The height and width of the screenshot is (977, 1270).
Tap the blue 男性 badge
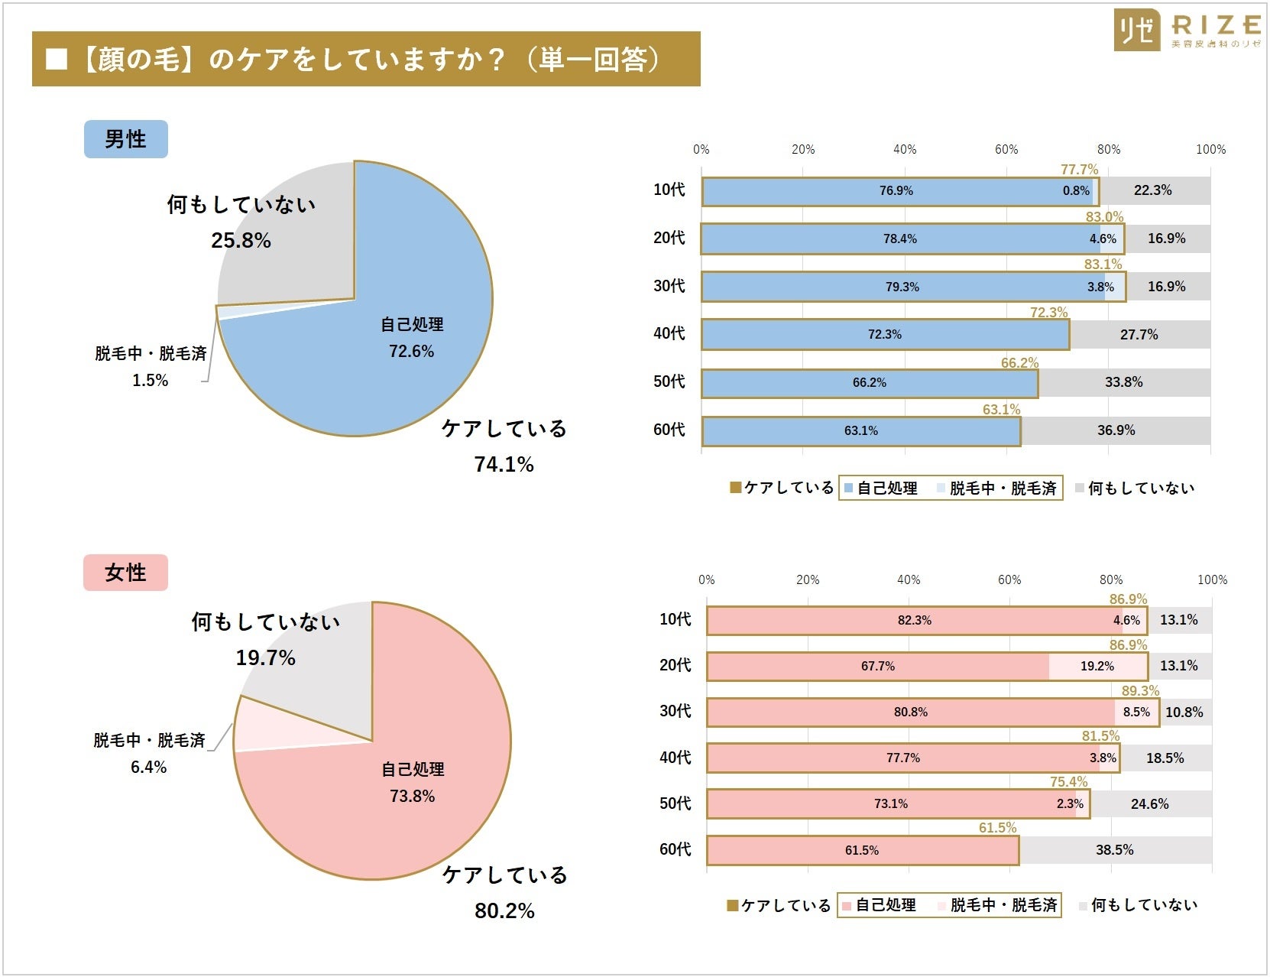(125, 139)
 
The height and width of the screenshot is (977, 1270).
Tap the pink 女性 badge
(125, 573)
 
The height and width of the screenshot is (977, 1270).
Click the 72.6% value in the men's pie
(411, 352)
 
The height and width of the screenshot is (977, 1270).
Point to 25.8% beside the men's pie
(241, 241)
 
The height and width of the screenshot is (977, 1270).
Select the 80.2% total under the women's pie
(504, 910)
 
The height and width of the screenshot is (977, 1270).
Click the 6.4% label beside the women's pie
(148, 767)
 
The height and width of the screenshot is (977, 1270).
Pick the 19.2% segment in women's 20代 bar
(1097, 667)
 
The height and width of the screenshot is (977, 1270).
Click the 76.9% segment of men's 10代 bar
(896, 191)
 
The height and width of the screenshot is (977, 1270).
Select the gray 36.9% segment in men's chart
(1116, 430)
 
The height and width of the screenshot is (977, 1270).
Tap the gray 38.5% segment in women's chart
(1114, 850)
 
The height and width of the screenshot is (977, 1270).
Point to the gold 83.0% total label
(1104, 217)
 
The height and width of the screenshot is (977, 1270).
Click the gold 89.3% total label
(1140, 691)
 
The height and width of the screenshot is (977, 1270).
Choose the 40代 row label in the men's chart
(669, 333)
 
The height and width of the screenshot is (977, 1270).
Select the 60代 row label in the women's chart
(675, 849)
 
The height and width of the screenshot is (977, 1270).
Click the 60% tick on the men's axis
(1006, 150)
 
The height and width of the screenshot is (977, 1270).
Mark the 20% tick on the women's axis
(808, 580)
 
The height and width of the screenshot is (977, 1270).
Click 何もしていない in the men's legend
(1140, 488)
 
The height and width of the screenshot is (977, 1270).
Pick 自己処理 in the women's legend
(885, 905)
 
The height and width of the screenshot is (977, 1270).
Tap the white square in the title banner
(57, 59)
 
